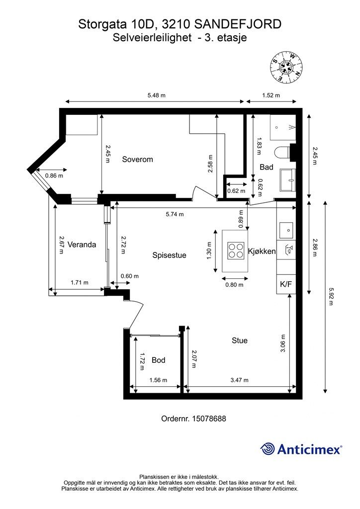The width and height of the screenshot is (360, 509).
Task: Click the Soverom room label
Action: click(137, 160)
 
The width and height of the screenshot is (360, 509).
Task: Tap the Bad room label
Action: click(267, 167)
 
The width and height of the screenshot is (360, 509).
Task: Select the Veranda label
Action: click(82, 245)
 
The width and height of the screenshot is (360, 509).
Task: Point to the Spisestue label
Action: click(170, 255)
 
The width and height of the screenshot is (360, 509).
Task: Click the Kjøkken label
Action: click(262, 251)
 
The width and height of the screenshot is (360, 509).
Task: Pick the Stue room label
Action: click(240, 340)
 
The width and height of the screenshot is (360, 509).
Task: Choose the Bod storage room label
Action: click(159, 360)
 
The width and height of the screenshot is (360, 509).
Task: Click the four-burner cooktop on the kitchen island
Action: click(236, 251)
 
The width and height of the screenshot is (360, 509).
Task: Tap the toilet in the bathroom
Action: click(282, 153)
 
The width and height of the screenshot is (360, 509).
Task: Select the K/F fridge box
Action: click(286, 284)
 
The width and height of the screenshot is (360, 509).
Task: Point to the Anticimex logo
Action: click(301, 449)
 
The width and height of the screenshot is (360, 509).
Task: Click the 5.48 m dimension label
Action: click(157, 95)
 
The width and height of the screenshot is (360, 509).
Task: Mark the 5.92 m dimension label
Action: click(331, 297)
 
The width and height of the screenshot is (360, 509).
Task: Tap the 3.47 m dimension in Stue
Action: click(240, 380)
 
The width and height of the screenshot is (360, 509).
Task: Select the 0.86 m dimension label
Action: click(54, 175)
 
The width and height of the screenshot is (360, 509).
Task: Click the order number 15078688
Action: click(193, 419)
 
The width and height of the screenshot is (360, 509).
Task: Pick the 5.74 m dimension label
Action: click(175, 214)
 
